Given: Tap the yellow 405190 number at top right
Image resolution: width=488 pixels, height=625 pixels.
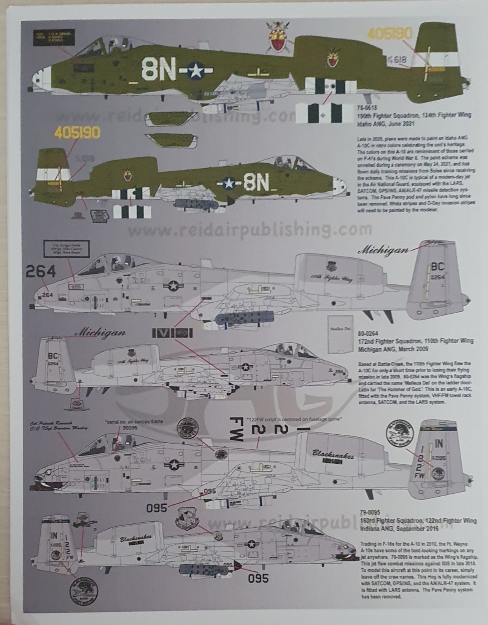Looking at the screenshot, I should [389, 34].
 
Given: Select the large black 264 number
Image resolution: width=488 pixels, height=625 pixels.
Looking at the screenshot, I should [41, 272].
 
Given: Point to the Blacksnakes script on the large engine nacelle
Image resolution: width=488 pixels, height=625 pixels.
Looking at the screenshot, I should [333, 454].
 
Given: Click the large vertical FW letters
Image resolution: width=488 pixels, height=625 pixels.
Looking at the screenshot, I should [236, 428].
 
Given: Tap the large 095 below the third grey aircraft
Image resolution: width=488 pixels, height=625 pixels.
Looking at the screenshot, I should [157, 508].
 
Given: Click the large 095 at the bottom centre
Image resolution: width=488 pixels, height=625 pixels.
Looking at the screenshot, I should [258, 578].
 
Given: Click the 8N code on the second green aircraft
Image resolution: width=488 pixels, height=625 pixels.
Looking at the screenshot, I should [256, 183].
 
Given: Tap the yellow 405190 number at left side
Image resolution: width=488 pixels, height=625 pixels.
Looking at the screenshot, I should [78, 132].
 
